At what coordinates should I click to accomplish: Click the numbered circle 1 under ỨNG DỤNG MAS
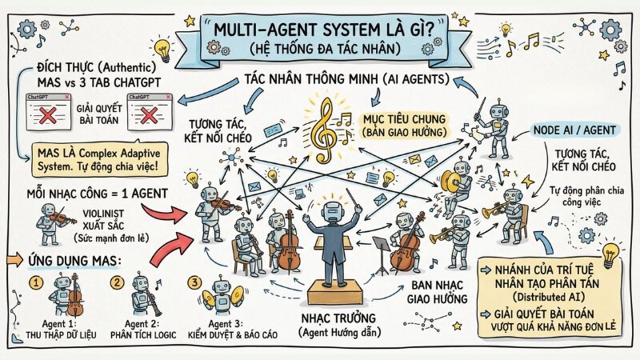(x=35, y=282)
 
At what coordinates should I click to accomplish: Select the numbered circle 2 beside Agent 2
(x=117, y=282)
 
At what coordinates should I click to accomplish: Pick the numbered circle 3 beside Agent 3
(x=194, y=282)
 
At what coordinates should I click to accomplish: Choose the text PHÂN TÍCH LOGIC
(x=142, y=334)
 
